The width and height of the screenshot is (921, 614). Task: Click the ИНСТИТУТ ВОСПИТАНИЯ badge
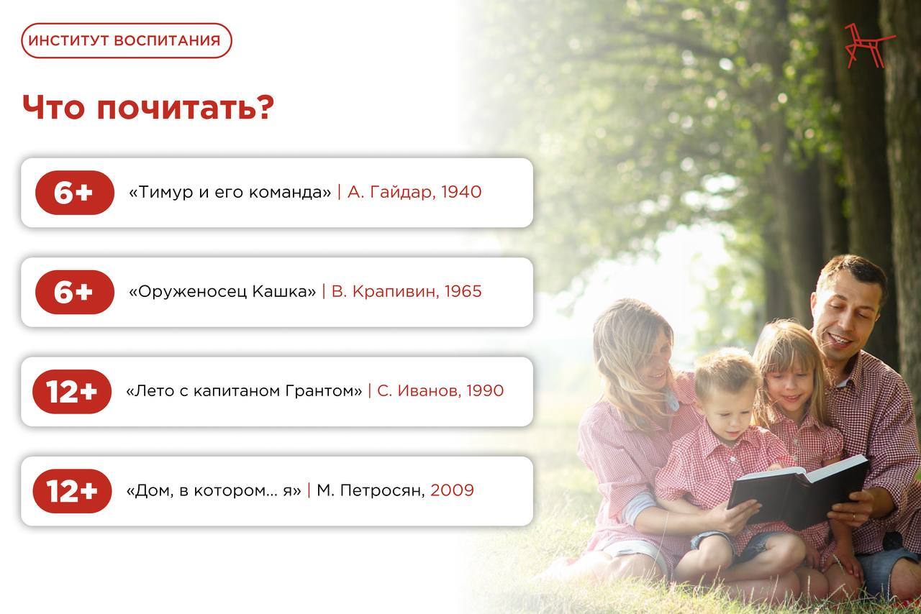127,40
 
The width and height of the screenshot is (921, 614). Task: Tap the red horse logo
868,45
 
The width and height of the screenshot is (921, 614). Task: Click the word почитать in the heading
186,108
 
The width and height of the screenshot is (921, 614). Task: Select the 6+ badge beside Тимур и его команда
75,193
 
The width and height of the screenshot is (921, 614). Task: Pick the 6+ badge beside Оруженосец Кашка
75,292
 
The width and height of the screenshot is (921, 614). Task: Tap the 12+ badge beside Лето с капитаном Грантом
72,391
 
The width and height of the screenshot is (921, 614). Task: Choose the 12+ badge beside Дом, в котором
72,491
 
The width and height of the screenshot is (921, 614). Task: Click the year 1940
461,192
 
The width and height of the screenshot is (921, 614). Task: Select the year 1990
485,391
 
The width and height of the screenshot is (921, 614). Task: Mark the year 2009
453,490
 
